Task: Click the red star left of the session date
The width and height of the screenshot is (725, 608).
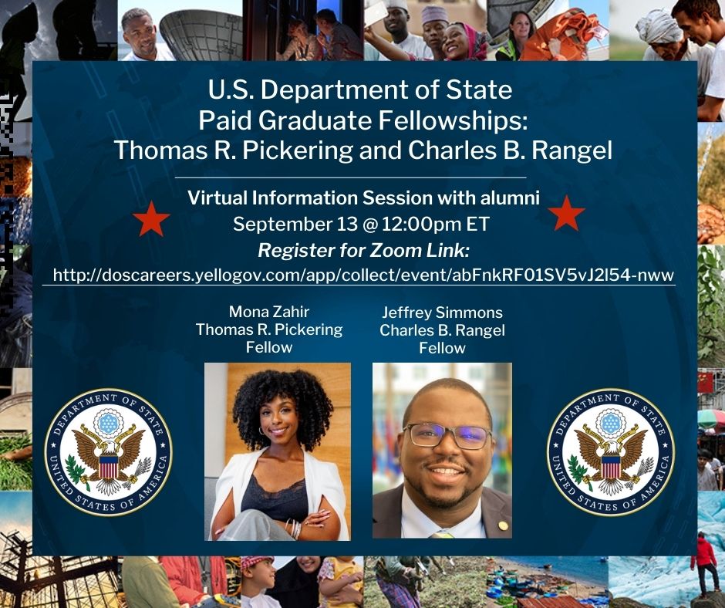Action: (151, 219)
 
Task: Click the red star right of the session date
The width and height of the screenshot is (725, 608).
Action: (566, 213)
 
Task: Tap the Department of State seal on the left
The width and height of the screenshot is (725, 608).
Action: (108, 452)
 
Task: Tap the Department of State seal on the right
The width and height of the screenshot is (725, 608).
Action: (611, 452)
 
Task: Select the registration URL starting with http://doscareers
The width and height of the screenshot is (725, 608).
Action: (363, 275)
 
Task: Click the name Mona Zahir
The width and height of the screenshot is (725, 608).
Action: (269, 312)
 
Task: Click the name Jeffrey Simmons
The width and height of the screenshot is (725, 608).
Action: (443, 312)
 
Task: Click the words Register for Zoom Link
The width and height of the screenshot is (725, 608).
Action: (364, 250)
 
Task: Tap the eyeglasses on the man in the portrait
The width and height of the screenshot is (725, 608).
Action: (447, 437)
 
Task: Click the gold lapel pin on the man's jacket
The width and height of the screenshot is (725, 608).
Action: (499, 526)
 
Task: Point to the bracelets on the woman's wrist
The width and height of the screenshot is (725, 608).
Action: (294, 528)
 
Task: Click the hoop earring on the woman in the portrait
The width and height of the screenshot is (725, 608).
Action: (262, 431)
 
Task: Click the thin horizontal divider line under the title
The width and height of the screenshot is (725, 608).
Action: (350, 177)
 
